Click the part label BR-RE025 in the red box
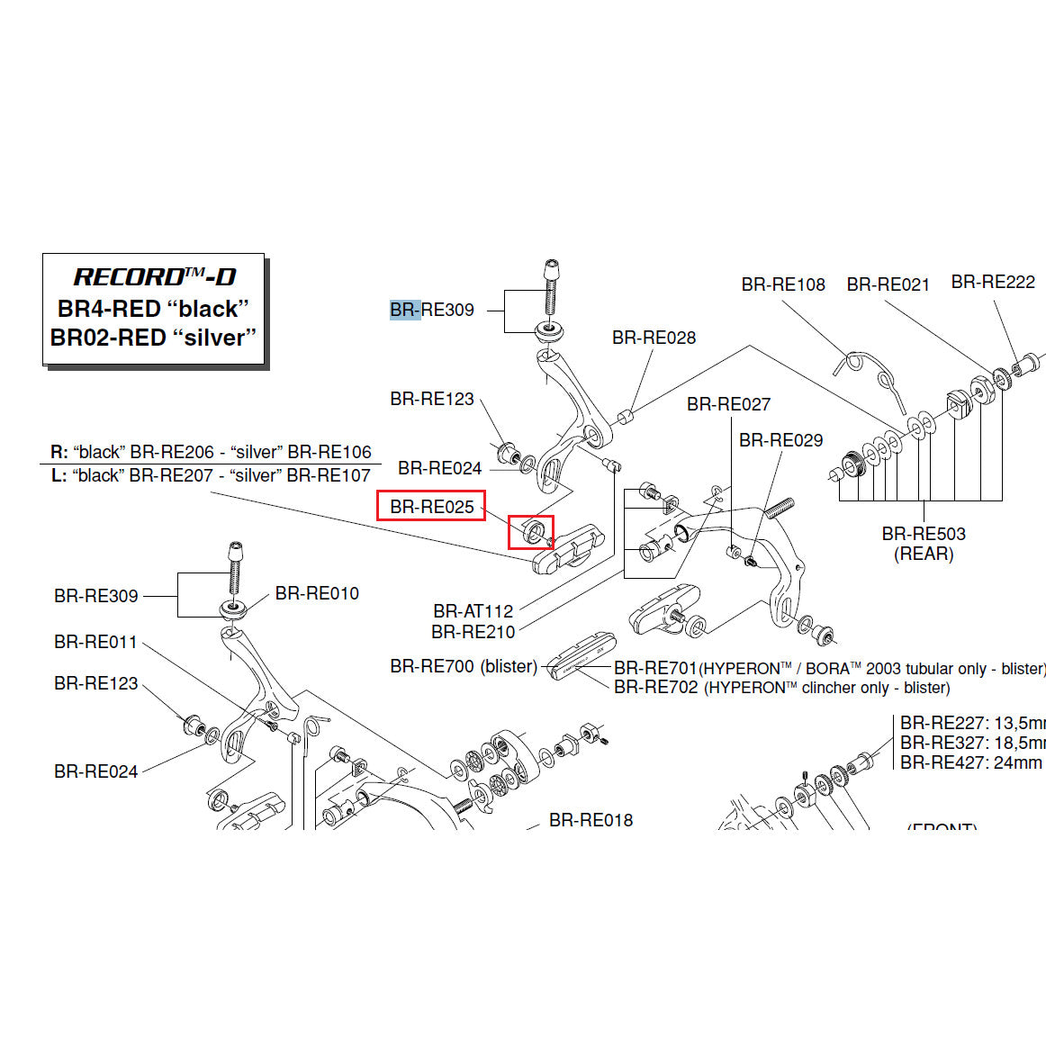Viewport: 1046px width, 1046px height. [431, 507]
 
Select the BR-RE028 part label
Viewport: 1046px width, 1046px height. [654, 338]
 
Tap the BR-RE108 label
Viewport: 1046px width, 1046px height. [783, 284]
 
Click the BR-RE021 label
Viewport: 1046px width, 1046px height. [888, 284]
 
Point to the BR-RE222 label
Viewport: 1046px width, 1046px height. [993, 282]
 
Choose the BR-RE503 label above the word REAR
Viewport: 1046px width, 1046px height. [924, 534]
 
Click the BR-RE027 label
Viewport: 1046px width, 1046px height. [728, 404]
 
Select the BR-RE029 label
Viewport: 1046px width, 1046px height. [780, 440]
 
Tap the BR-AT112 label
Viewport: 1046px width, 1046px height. [473, 611]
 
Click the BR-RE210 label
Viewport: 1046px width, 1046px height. [473, 632]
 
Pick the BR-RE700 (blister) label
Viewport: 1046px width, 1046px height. [464, 667]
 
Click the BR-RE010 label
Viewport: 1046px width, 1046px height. [317, 593]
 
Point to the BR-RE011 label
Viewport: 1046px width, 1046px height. [95, 642]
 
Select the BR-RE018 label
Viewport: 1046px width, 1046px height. [591, 820]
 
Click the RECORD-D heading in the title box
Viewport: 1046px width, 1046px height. [154, 277]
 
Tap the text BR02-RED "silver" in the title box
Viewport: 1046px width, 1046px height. [154, 338]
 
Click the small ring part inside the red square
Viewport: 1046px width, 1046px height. [531, 531]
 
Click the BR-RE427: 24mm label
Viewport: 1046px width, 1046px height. [970, 762]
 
